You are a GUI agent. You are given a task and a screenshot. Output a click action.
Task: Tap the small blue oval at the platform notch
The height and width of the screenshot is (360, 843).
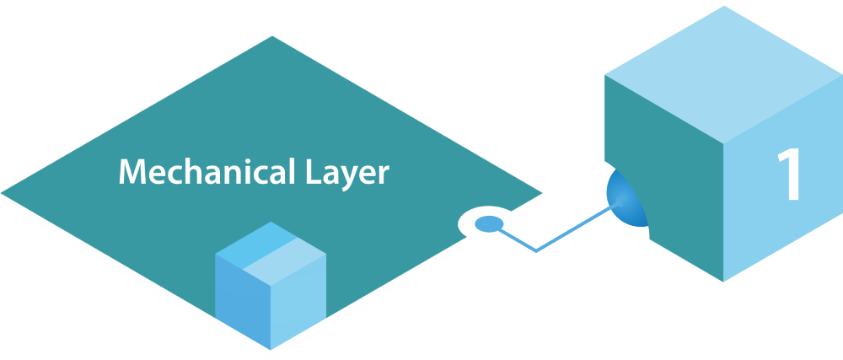(x=488, y=224)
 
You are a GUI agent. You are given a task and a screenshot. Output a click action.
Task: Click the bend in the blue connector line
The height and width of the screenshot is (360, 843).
(x=535, y=250)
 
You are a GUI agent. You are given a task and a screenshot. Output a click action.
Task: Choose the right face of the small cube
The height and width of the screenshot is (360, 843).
(x=299, y=299)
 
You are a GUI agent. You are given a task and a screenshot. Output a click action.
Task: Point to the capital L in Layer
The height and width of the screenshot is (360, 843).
(x=306, y=172)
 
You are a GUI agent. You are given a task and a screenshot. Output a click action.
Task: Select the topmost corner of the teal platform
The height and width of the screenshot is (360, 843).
(x=271, y=36)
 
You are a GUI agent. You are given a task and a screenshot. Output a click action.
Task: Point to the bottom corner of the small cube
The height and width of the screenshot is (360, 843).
(x=271, y=347)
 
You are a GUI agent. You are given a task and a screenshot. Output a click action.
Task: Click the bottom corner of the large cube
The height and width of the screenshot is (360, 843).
(x=724, y=281)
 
